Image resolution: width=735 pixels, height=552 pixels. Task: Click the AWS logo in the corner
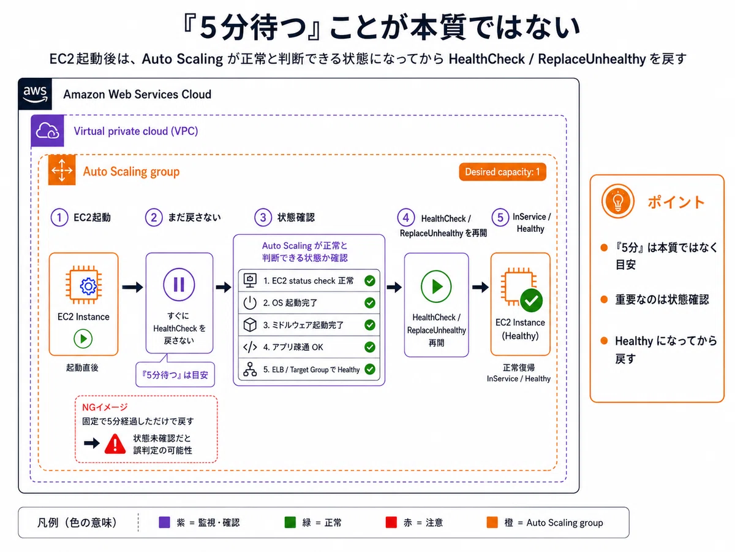point(35,94)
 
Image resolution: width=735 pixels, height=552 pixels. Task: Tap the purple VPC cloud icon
point(47,131)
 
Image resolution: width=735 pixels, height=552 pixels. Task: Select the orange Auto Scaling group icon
point(62,170)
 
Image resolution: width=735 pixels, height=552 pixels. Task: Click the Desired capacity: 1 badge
point(502,172)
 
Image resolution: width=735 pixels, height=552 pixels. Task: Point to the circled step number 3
point(263,218)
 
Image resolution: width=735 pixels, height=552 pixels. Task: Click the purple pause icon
point(179,285)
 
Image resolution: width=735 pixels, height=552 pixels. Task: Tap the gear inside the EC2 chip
point(88,286)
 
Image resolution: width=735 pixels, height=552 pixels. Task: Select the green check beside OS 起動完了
point(370,303)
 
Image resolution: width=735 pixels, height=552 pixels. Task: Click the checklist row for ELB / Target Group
point(309,369)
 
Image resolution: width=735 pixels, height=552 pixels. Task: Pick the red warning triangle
point(115,444)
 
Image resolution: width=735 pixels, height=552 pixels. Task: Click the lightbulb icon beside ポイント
point(618,201)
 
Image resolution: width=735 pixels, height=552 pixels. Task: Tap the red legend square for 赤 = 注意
point(391,522)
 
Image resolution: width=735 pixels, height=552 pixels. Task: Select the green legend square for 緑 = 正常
point(290,522)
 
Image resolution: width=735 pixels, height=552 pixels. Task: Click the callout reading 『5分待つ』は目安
point(175,374)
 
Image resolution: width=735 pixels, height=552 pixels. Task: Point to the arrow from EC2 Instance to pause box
point(132,287)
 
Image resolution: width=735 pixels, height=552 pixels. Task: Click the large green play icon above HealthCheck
point(436,286)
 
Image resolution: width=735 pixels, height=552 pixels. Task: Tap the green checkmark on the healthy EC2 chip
point(532,301)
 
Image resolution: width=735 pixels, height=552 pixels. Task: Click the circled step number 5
point(500,218)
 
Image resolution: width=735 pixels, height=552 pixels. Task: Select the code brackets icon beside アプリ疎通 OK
point(250,347)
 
